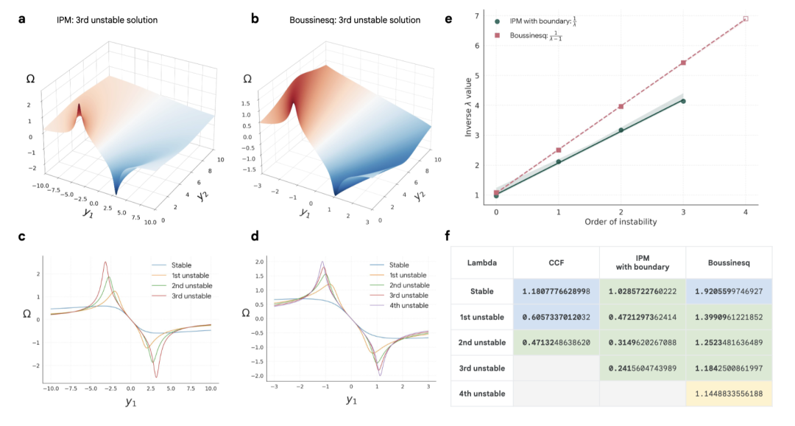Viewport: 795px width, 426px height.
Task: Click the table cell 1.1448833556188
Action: [x=728, y=393]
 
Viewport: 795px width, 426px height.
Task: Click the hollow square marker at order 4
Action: [x=746, y=18]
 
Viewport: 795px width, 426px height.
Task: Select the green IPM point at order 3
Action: [x=683, y=101]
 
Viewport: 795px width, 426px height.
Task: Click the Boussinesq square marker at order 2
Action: [x=621, y=106]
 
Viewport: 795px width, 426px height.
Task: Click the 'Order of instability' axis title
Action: [x=621, y=222]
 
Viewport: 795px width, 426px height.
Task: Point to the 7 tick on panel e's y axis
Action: [x=478, y=15]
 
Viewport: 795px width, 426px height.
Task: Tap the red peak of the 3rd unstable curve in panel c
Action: [x=106, y=262]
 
